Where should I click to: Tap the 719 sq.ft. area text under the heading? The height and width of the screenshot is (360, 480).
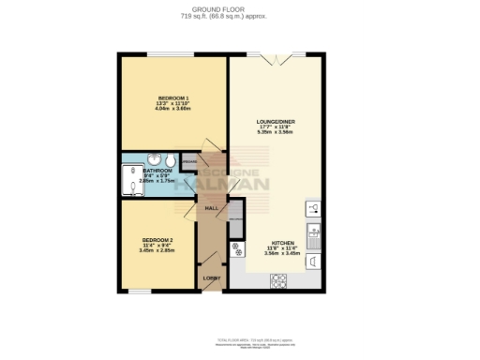(x=239, y=17)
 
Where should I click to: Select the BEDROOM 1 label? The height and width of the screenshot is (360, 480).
(x=172, y=98)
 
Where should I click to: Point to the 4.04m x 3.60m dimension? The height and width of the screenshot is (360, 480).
(x=172, y=109)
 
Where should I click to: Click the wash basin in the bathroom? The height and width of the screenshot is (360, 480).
(x=153, y=158)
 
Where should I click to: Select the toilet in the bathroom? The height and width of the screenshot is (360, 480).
(x=170, y=158)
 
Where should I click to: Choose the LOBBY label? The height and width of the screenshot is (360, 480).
(x=211, y=278)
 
